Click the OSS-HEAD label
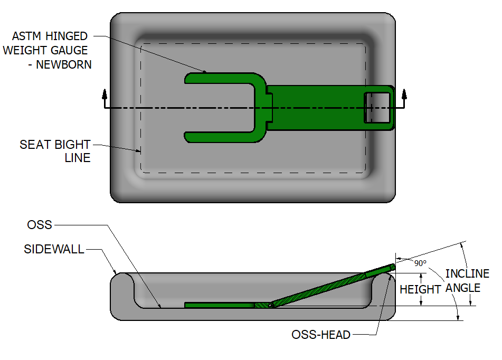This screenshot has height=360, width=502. tap(320, 335)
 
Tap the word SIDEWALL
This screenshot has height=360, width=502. tap(54, 249)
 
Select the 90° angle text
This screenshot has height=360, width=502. tap(420, 263)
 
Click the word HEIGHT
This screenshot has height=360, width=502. tap(420, 289)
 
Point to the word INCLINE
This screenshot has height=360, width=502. tap(467, 274)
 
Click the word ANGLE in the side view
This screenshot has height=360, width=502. tap(463, 288)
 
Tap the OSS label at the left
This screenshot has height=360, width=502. tap(40, 225)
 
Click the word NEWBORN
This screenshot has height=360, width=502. tap(64, 64)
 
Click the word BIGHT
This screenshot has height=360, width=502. tap(73, 145)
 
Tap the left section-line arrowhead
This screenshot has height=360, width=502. tap(105, 94)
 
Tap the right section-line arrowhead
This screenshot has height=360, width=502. tap(404, 94)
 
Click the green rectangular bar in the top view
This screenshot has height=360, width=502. tap(317, 107)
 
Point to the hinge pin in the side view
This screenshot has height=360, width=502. tap(270, 305)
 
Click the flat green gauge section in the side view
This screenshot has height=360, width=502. tap(219, 305)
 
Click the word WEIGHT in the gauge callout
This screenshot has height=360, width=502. tap(26, 50)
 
